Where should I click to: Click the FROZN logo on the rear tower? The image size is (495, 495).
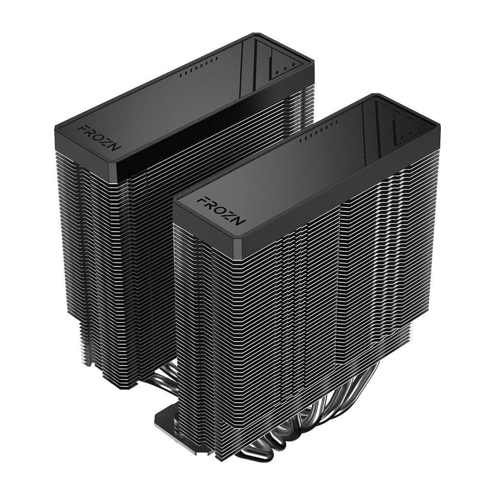click(92, 138)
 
